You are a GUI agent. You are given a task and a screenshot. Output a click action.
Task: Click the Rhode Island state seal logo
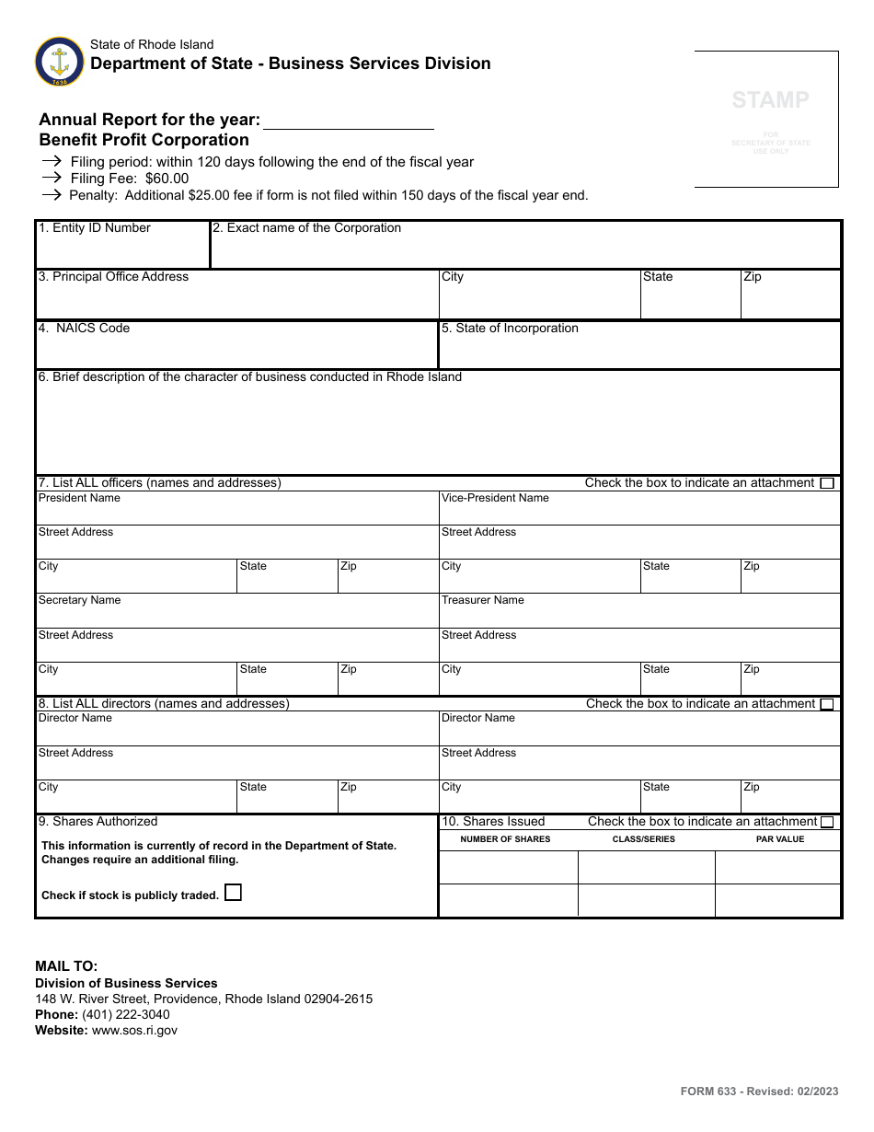[x=59, y=62]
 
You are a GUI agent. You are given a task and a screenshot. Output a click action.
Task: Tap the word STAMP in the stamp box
[x=770, y=100]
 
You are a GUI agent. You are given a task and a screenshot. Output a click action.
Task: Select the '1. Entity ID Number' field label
[x=94, y=228]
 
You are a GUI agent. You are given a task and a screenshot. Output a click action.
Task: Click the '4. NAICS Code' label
[x=84, y=329]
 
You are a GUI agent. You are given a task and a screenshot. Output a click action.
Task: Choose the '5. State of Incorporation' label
[x=510, y=329]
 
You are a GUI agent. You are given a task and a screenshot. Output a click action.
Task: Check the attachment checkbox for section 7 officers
[x=827, y=483]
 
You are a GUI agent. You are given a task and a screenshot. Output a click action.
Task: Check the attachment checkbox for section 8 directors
[x=827, y=704]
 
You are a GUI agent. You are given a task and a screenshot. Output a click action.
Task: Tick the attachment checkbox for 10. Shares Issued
[x=827, y=822]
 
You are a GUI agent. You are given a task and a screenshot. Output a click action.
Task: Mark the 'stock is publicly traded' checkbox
[x=234, y=893]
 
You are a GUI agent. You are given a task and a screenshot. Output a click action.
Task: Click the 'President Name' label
[x=79, y=498]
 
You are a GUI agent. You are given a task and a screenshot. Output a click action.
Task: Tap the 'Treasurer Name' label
[x=482, y=600]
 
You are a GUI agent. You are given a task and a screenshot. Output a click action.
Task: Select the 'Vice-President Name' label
[x=495, y=498]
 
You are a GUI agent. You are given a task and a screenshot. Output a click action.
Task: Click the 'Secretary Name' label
[x=79, y=600]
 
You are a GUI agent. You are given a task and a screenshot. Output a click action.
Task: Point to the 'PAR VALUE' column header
[x=779, y=839]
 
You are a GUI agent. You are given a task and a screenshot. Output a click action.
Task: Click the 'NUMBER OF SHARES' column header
[x=505, y=839]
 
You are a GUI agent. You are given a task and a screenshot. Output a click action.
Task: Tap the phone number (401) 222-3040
[x=125, y=1014]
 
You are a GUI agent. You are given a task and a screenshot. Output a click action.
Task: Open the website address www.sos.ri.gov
[x=133, y=1031]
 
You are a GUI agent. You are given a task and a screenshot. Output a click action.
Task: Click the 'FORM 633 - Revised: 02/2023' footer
[x=759, y=1092]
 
